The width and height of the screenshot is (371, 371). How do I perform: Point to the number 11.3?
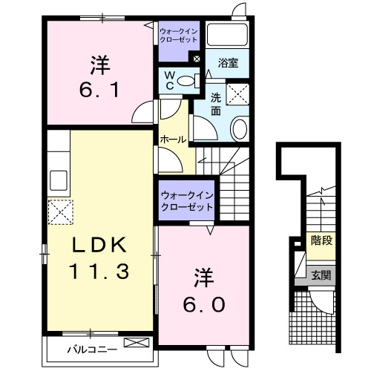tap(100, 271)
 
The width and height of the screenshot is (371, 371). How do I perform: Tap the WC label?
tap(169, 79)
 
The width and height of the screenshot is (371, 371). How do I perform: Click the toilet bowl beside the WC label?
tap(188, 79)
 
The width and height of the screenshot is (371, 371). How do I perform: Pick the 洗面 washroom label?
tap(216, 104)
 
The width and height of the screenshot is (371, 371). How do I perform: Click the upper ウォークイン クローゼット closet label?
tap(177, 35)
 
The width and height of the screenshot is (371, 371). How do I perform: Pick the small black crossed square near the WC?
tap(197, 59)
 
